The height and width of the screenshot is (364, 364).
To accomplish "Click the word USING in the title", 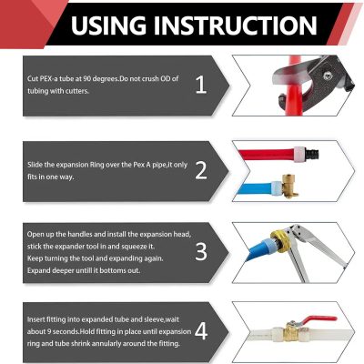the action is (x=108, y=25).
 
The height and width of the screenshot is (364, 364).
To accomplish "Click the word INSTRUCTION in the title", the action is (x=236, y=25).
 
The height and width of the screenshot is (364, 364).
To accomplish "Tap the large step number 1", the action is (x=201, y=85).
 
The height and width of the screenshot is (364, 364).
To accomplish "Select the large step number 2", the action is (x=201, y=170).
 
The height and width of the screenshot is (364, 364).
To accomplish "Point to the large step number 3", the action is (x=201, y=251).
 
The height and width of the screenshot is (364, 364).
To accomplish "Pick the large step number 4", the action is (x=201, y=330).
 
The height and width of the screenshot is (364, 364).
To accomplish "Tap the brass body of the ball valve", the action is (x=292, y=332).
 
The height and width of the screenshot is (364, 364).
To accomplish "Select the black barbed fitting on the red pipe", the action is (x=311, y=154).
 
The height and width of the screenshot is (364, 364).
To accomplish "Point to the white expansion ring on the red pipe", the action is (x=298, y=155).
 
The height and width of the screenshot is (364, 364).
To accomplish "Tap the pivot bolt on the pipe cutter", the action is (x=327, y=76).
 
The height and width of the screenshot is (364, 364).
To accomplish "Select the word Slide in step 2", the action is (x=35, y=165).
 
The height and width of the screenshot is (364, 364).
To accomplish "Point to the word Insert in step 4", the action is (x=35, y=319).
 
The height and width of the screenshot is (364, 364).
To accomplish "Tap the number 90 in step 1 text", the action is (x=87, y=78).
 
